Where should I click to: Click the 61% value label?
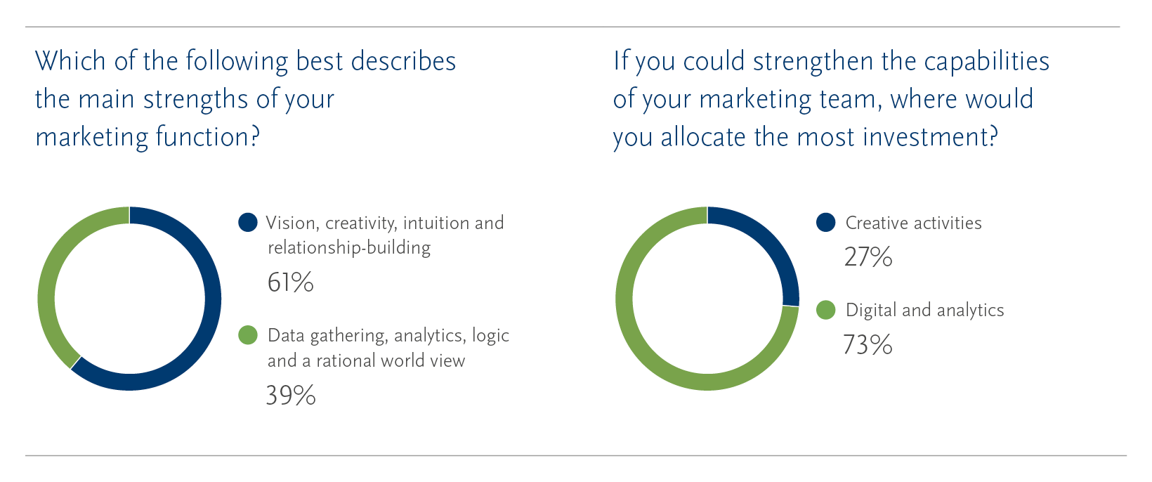tap(291, 282)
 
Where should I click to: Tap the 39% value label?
tap(291, 396)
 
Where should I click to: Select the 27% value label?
tap(868, 256)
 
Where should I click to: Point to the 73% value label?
tap(868, 345)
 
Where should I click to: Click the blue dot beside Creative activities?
tap(826, 223)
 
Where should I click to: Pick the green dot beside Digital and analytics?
tap(826, 310)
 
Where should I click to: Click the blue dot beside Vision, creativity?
tap(248, 223)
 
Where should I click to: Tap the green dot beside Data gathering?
tap(248, 335)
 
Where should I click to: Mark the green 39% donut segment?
tap(51, 268)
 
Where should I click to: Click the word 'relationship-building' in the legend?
tap(349, 248)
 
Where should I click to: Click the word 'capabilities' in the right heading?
tap(986, 61)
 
